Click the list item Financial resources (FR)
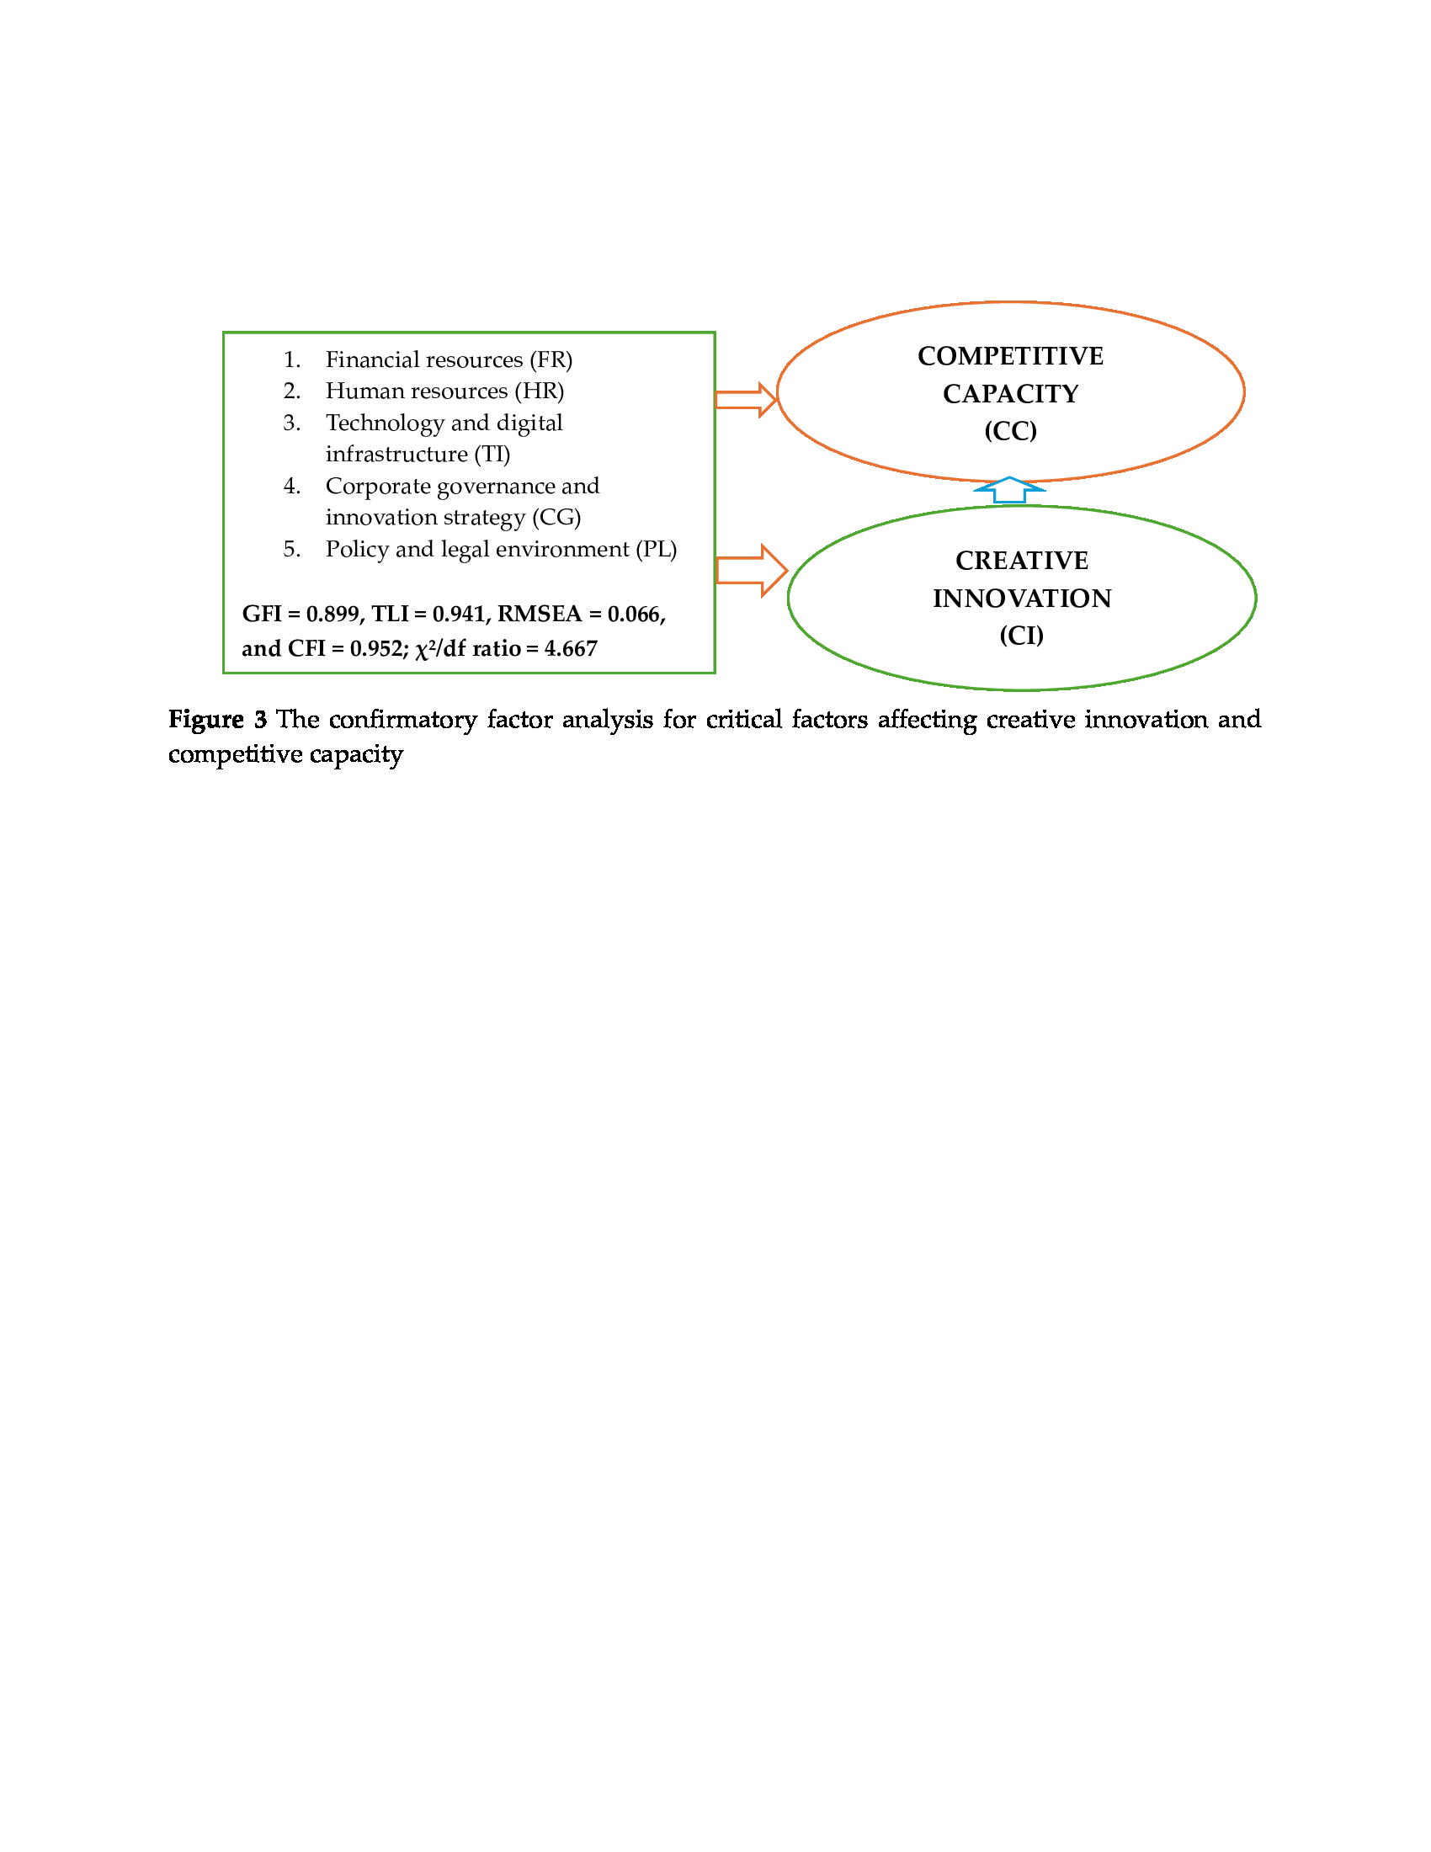click(449, 359)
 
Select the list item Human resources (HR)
click(444, 391)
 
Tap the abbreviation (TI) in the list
click(492, 455)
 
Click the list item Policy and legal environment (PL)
click(500, 550)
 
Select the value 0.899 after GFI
click(332, 614)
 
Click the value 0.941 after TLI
click(459, 614)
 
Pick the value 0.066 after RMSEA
click(635, 614)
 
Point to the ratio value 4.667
click(571, 649)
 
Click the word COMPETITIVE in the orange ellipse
click(1009, 356)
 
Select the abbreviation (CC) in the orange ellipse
click(1009, 432)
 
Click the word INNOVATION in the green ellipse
click(1022, 599)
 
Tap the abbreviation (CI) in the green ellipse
click(1021, 636)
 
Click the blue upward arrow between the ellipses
click(1008, 491)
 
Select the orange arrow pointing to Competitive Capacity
click(745, 399)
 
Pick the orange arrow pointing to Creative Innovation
click(751, 570)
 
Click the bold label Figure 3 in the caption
click(217, 720)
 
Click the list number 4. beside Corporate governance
click(291, 486)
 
